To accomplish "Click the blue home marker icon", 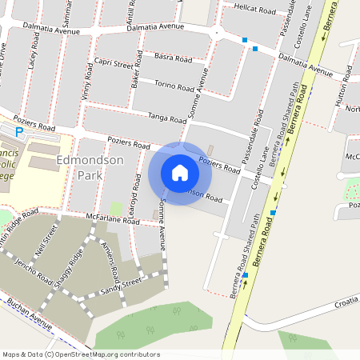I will point(180,173).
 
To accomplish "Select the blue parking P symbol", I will point(20,130).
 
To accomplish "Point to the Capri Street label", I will point(113,64).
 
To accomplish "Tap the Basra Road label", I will point(173,58).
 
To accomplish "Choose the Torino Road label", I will point(175,86).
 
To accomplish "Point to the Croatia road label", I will point(346,305).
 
